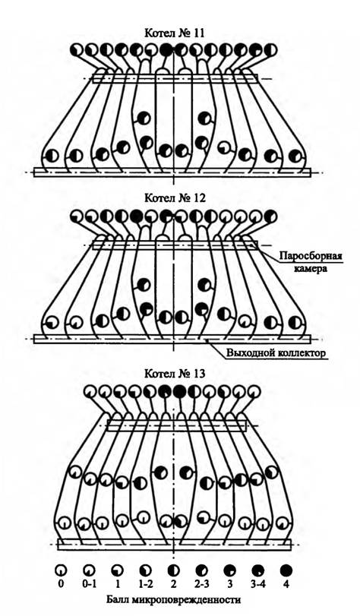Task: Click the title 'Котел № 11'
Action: tap(174, 33)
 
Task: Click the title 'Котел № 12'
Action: tap(175, 197)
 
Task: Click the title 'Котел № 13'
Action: tap(175, 373)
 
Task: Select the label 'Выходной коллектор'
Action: tap(276, 352)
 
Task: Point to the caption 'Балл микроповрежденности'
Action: tap(173, 600)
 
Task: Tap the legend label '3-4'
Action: tap(258, 584)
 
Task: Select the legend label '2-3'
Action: tap(201, 584)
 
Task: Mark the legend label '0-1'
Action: tap(89, 584)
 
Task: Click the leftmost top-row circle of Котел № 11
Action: tap(77, 50)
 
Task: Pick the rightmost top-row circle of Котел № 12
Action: tap(270, 216)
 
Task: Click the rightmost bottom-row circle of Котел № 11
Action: tap(295, 156)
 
